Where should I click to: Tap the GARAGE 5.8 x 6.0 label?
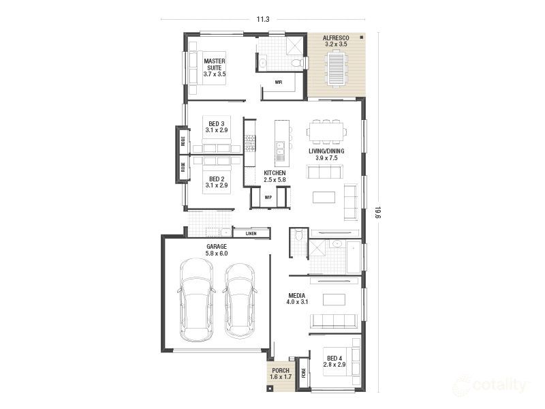coord(216,249)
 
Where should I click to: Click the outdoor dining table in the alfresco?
coord(336,69)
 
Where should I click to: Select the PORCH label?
coord(279,373)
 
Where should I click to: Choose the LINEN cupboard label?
coord(251,233)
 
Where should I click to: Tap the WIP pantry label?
coord(268,198)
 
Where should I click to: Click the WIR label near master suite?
coord(278,82)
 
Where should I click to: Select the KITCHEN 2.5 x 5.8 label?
coord(275,177)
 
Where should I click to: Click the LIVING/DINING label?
coord(326,154)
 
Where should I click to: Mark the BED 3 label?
coord(216,127)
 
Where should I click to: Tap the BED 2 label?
coord(216,182)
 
